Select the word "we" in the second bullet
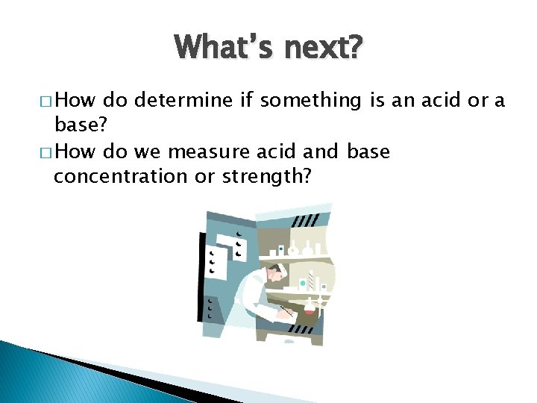(148, 152)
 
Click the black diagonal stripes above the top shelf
(304, 221)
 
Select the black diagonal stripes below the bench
(301, 329)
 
